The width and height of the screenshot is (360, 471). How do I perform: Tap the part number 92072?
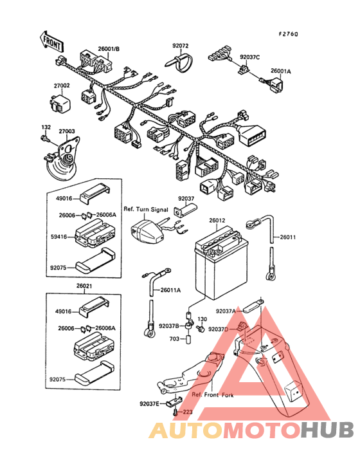coord(180,46)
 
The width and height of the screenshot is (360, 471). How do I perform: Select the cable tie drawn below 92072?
coord(179,62)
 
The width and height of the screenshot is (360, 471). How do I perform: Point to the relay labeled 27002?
coord(60,103)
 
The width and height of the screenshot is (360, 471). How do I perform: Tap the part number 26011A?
coord(170,290)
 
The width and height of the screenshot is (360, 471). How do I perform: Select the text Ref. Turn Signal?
coord(146,209)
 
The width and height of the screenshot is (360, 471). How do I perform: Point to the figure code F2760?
coord(288,34)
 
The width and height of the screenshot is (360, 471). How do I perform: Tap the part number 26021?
coord(84,286)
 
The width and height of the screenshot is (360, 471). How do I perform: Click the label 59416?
coord(59,237)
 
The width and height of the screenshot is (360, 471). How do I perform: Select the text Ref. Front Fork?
coord(212,394)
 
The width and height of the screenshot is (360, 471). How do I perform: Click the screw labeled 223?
coord(175,412)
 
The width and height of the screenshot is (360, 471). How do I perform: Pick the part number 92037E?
coord(149,403)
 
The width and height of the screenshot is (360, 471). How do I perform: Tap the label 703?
coord(174,339)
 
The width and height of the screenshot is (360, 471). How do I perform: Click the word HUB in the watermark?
coord(327,430)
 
